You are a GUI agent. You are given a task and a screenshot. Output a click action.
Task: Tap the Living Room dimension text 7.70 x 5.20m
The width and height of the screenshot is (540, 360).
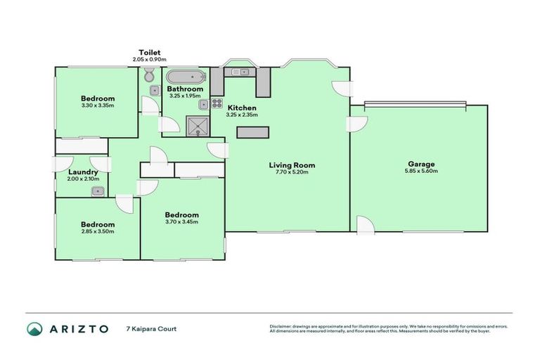(292, 172)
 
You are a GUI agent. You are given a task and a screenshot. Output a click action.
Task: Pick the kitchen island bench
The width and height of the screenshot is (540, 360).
(253, 132)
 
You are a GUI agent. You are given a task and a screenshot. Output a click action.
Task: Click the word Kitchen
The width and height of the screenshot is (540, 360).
(242, 108)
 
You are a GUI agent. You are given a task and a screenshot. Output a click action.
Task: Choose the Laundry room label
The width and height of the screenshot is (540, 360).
(83, 172)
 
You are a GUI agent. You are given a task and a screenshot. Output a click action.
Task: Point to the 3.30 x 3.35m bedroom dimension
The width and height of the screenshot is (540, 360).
(97, 105)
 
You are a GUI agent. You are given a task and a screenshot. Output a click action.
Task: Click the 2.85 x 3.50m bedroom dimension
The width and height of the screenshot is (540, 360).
(97, 231)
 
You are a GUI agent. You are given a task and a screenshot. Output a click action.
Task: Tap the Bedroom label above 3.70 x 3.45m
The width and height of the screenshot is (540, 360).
(181, 214)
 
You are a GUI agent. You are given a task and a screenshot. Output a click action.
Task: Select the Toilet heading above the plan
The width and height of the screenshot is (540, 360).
(150, 52)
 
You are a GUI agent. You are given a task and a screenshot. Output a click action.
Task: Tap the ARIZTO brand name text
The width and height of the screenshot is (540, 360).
(77, 328)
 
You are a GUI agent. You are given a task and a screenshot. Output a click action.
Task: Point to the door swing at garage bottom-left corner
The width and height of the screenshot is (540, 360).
(364, 225)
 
